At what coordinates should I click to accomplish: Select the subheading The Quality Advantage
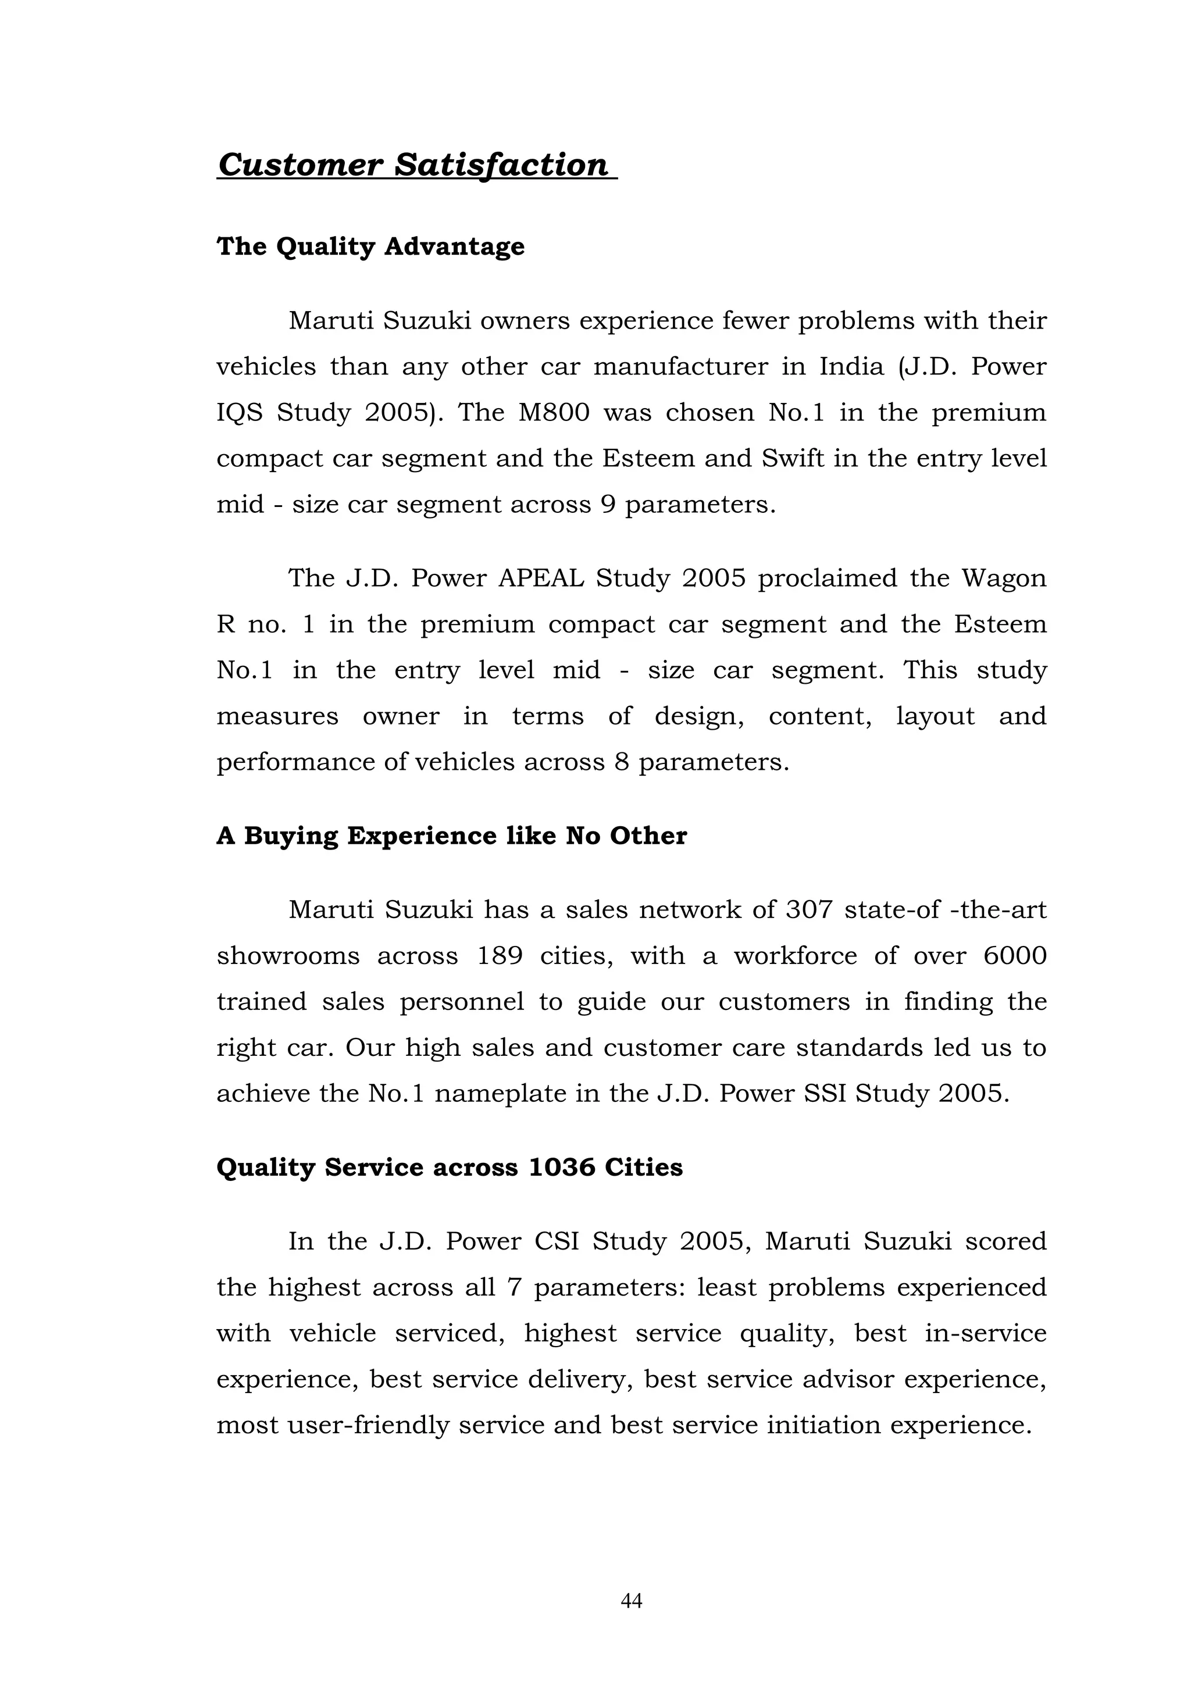[370, 247]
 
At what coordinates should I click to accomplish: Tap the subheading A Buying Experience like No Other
[451, 836]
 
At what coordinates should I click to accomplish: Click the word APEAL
[541, 579]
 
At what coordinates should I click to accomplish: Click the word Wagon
[1004, 579]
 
